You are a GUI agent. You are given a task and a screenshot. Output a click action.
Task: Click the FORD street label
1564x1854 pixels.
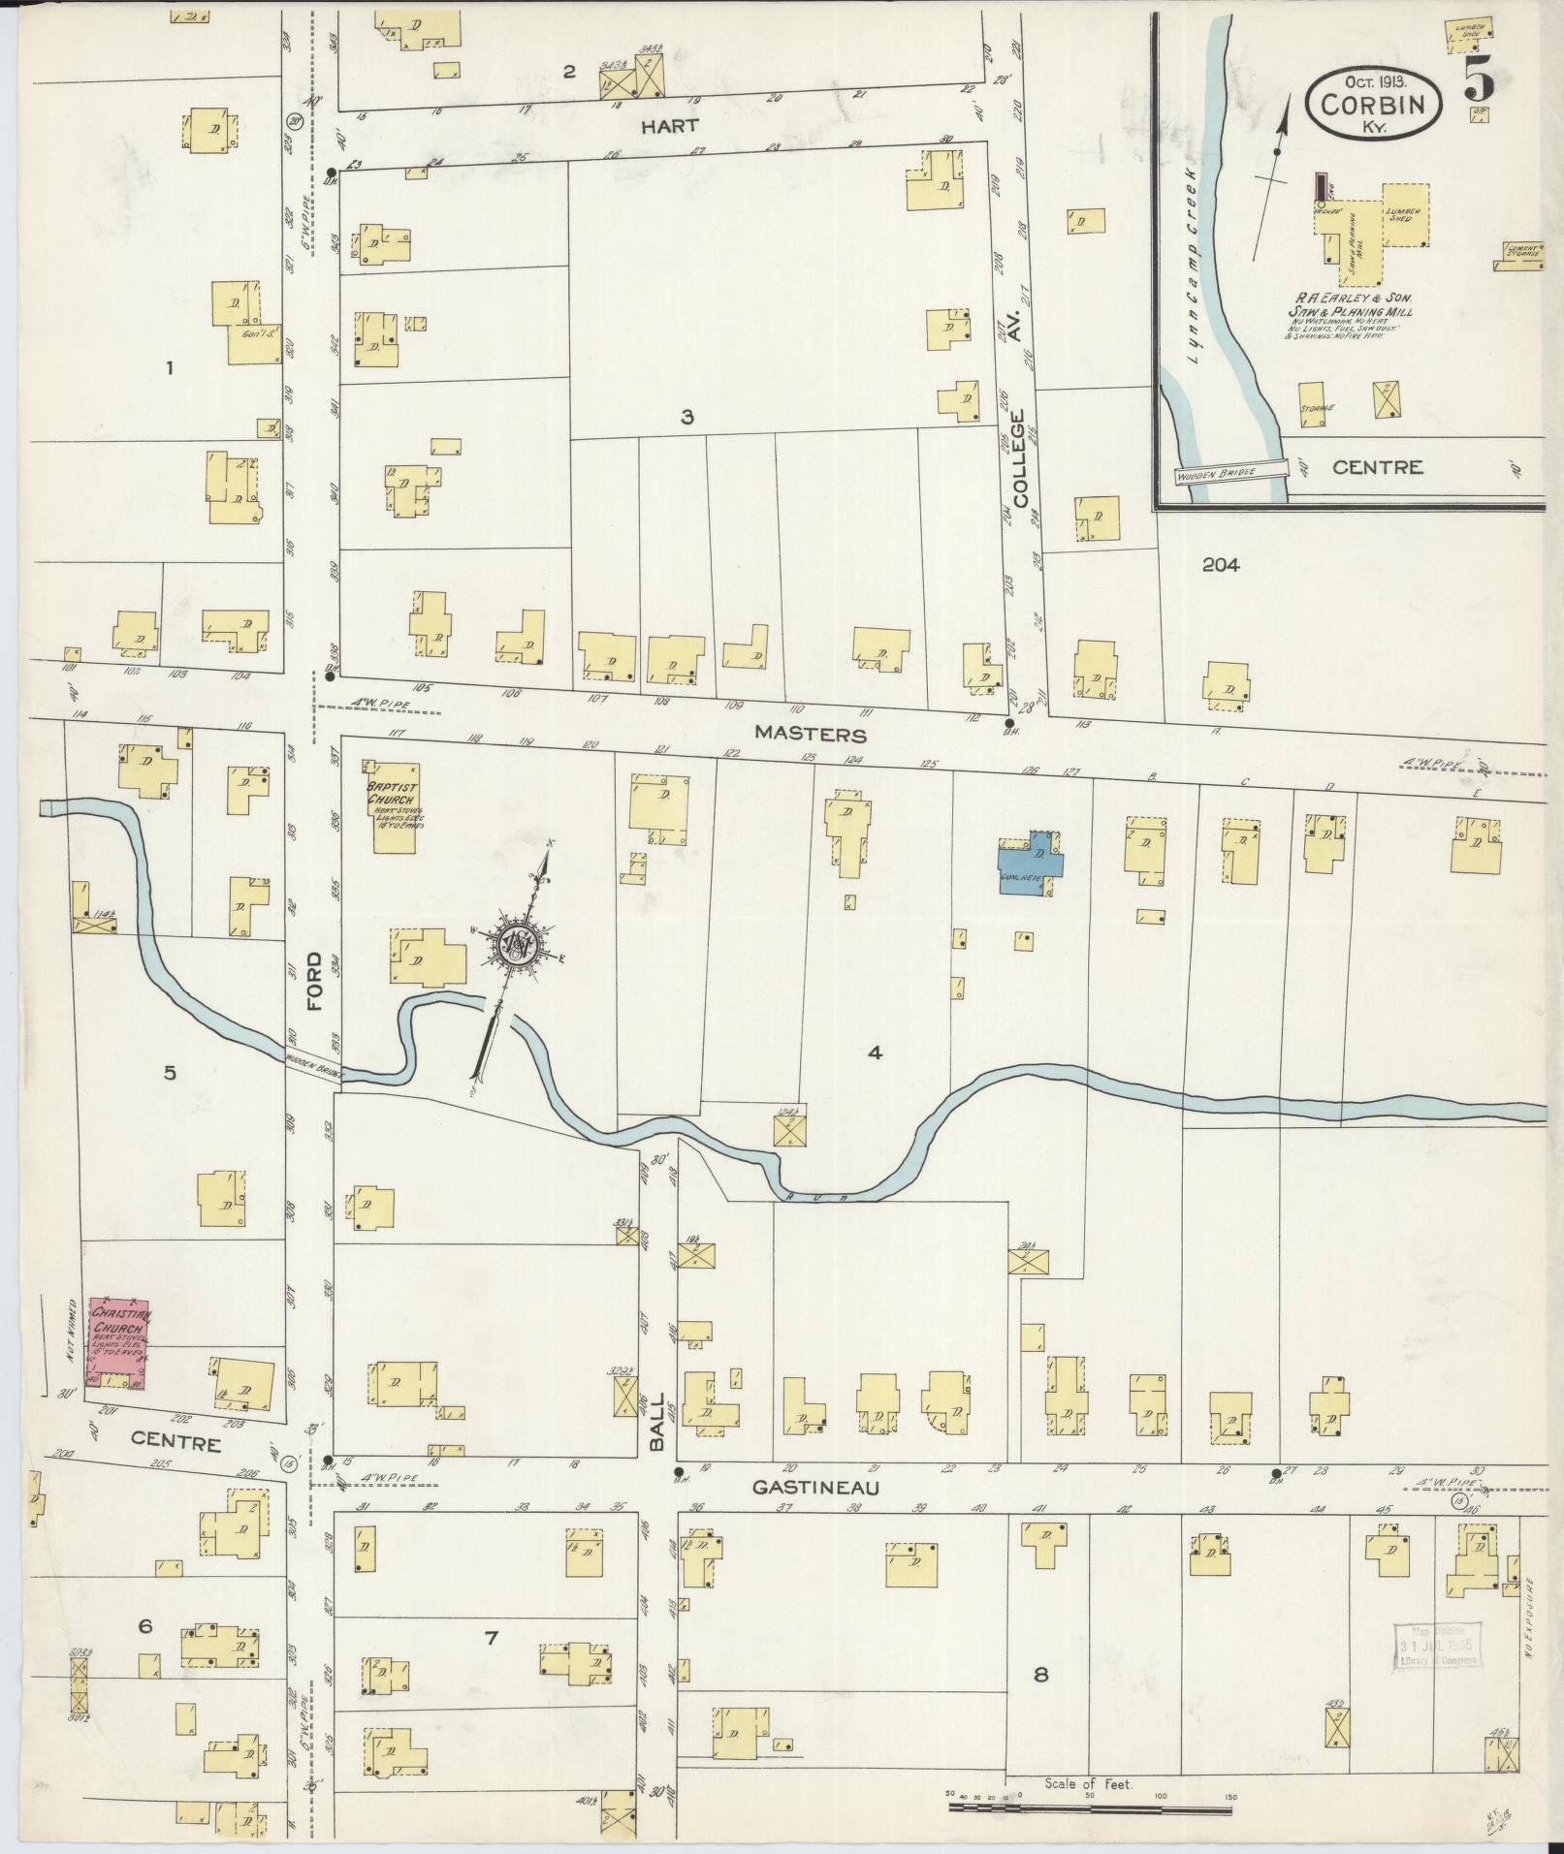(313, 982)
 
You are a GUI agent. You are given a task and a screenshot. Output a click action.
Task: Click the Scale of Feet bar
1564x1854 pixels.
(1091, 1808)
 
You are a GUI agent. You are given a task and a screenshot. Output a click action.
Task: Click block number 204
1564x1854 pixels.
(1220, 565)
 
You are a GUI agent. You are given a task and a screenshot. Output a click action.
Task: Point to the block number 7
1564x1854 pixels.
(491, 1637)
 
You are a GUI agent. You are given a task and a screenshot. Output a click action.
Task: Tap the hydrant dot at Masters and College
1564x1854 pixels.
(1008, 723)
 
